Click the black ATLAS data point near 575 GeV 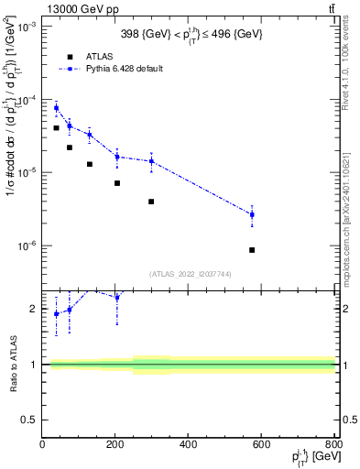pos(252,249)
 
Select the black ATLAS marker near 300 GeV pos(151,202)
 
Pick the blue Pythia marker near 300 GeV pos(151,162)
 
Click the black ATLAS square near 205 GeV pos(117,183)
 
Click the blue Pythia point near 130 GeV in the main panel pos(90,135)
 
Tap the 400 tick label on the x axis pos(189,445)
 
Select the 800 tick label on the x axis pos(333,445)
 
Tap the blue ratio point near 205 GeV pos(117,298)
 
